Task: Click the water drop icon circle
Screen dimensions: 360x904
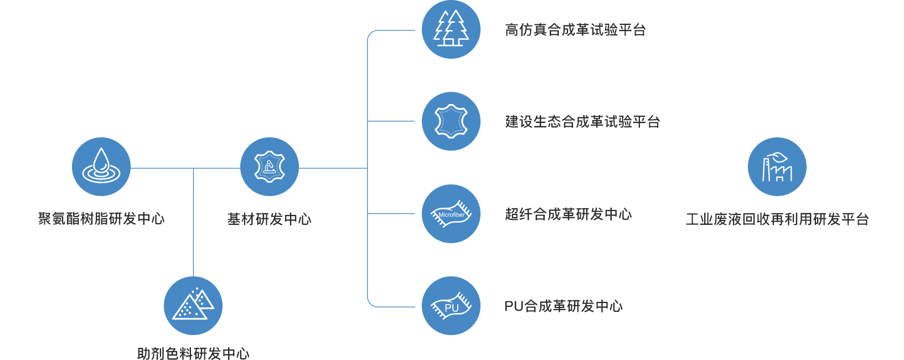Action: (101, 167)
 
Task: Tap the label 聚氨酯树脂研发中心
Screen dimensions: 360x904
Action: (101, 219)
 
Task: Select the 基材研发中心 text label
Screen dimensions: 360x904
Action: (270, 219)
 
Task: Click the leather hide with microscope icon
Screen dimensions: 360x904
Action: (270, 167)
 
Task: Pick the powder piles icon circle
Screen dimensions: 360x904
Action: (193, 306)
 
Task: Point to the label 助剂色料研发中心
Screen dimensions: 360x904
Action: (193, 353)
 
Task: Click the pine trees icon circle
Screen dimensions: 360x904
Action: (451, 29)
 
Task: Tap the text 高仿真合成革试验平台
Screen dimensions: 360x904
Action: (575, 30)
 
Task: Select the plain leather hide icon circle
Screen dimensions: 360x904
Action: (451, 121)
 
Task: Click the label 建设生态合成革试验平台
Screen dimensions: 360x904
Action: (582, 122)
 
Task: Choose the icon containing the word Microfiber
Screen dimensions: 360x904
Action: (451, 214)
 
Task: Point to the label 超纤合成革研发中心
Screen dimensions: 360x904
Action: (568, 214)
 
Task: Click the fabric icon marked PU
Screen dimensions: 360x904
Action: (451, 306)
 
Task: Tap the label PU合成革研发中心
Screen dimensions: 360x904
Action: (563, 306)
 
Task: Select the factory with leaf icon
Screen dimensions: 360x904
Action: (777, 167)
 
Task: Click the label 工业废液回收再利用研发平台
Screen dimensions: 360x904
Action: (777, 219)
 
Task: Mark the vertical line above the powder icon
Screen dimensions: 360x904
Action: (193, 222)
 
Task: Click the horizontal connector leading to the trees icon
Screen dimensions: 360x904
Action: (393, 30)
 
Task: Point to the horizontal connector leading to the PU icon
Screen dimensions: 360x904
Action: (393, 306)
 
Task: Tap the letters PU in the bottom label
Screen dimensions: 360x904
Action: (514, 306)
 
